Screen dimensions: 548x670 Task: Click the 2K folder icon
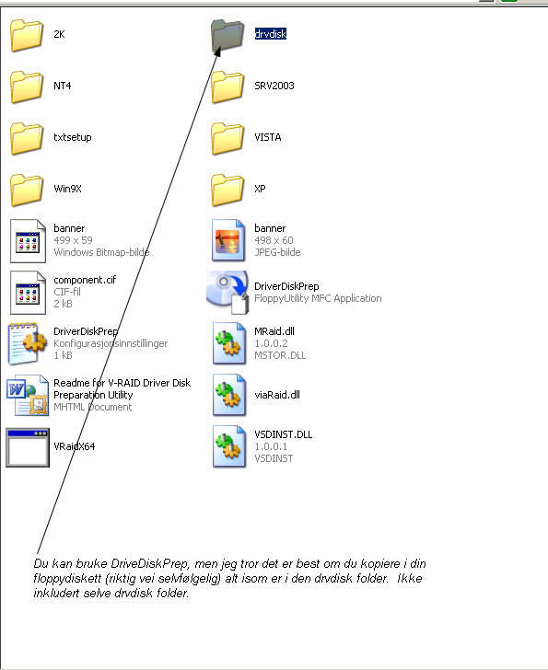click(27, 35)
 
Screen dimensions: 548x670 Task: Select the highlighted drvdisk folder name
click(270, 34)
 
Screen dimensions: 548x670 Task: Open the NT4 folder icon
click(27, 87)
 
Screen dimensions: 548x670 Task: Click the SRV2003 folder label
click(274, 86)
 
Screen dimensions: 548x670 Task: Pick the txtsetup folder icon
click(27, 138)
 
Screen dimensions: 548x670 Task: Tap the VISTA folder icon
click(227, 138)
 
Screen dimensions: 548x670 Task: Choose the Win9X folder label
click(67, 189)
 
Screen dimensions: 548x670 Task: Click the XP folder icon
click(227, 190)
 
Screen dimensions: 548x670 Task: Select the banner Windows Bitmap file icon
click(28, 241)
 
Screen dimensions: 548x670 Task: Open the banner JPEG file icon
click(228, 240)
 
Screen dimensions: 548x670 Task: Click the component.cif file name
click(85, 280)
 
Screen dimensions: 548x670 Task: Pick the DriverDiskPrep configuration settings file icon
click(27, 343)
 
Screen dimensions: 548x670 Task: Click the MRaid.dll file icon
click(229, 343)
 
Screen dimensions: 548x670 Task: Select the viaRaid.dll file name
click(277, 395)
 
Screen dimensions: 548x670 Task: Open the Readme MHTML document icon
click(28, 395)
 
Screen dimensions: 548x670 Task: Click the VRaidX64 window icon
click(28, 447)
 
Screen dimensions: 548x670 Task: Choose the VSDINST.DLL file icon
click(229, 446)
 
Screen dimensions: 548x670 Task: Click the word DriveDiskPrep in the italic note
click(149, 563)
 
